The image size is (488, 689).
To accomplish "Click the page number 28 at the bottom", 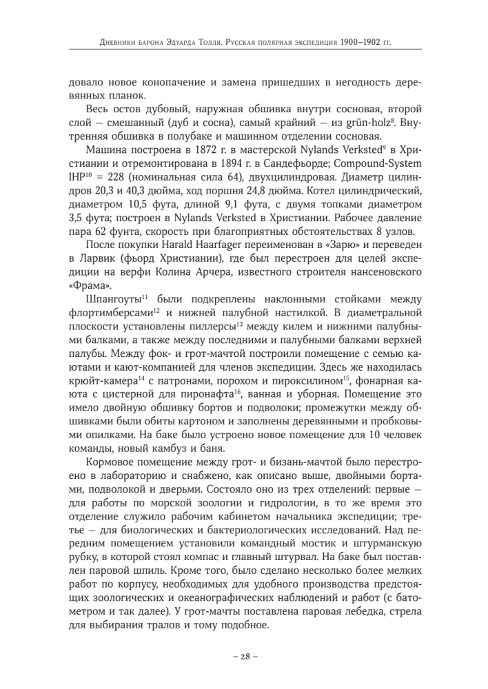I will point(244,655).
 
